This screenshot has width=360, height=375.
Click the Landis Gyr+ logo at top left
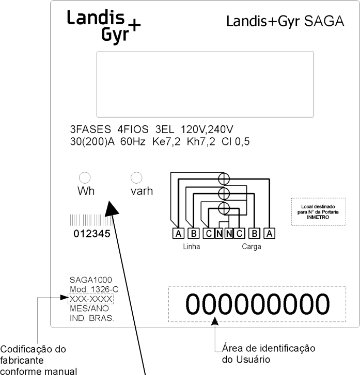(103, 27)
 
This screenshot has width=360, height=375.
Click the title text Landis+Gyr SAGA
(285, 22)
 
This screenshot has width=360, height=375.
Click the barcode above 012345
(92, 220)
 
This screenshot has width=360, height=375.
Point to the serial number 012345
(92, 234)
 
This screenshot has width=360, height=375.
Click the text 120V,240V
(207, 129)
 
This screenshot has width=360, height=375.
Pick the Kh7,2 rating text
(201, 141)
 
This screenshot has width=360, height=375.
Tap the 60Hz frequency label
(133, 141)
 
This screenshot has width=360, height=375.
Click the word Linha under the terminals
(192, 247)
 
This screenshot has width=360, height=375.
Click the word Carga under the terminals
(251, 247)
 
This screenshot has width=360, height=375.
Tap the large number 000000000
(258, 304)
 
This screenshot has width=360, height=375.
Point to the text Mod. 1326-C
(94, 289)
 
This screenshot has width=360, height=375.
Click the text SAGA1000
(91, 280)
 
